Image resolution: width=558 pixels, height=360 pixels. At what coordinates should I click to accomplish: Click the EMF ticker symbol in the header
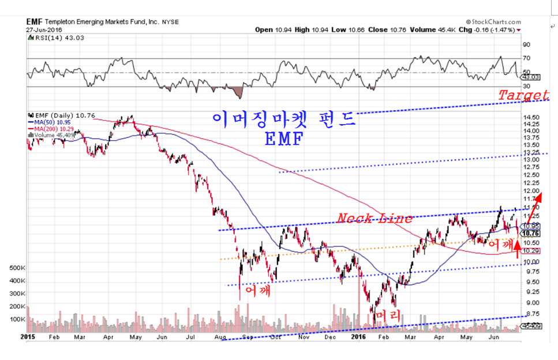(x=33, y=22)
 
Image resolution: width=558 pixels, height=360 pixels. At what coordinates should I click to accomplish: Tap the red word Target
(x=523, y=95)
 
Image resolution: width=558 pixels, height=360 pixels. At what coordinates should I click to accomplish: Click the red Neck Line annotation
(x=375, y=218)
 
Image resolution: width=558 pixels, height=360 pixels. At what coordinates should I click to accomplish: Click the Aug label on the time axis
(x=219, y=336)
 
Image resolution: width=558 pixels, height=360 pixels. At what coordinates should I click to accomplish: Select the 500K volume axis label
(x=17, y=268)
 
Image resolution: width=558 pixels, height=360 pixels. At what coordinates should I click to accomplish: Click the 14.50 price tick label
(x=531, y=117)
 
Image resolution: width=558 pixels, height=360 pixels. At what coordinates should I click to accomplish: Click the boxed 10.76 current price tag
(x=530, y=234)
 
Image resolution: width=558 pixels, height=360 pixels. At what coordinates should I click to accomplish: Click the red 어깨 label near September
(x=258, y=290)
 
